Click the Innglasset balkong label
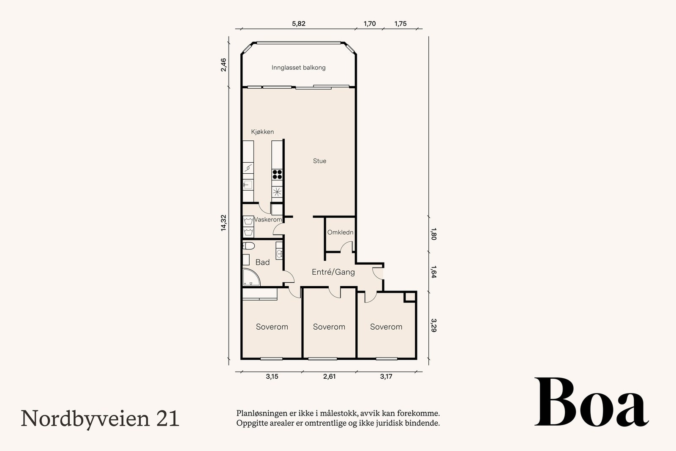click(x=298, y=68)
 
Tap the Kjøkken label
click(x=262, y=132)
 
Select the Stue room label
click(x=319, y=161)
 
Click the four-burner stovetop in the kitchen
click(x=277, y=174)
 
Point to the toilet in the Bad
click(x=249, y=246)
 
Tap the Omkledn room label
click(x=340, y=232)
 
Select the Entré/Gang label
click(x=333, y=272)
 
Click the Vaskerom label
click(x=268, y=220)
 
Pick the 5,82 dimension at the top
click(x=298, y=24)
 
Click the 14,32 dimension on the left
click(x=224, y=223)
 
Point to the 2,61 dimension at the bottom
click(x=329, y=377)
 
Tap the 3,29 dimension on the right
click(x=433, y=325)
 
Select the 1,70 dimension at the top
click(x=370, y=24)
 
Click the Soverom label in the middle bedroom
click(x=329, y=327)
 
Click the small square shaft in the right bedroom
click(x=409, y=297)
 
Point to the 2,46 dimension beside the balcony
click(x=224, y=65)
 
